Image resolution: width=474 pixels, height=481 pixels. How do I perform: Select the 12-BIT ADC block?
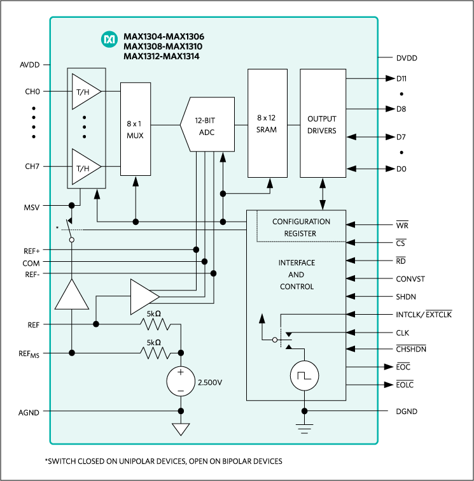[x=207, y=124]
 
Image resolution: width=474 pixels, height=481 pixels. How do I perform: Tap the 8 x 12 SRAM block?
[x=267, y=124]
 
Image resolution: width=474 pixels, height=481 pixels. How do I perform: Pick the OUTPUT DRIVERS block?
[x=322, y=124]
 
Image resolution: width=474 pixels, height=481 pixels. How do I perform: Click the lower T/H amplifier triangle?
[x=85, y=167]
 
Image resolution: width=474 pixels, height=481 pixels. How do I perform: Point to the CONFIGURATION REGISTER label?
[x=301, y=227]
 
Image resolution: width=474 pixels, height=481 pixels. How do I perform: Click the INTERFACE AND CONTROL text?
[x=296, y=275]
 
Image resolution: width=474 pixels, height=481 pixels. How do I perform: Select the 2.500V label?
[x=210, y=383]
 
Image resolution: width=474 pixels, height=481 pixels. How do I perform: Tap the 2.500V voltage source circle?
[x=181, y=381]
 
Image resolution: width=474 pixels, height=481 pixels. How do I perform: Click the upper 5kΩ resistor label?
[x=154, y=314]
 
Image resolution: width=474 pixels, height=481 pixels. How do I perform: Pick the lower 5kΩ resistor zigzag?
[x=157, y=352]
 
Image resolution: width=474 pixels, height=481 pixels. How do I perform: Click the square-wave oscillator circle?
[x=304, y=376]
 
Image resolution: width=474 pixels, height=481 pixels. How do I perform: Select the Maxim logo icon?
[x=109, y=40]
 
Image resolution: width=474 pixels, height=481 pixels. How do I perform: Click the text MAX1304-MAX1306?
[x=164, y=36]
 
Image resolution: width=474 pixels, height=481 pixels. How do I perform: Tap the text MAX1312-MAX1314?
[x=164, y=56]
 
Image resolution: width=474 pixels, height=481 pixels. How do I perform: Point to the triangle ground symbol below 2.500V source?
[x=181, y=429]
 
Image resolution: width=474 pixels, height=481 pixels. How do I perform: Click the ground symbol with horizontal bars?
[x=304, y=427]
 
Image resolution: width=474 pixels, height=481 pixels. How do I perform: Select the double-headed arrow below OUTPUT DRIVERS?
[x=323, y=194]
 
